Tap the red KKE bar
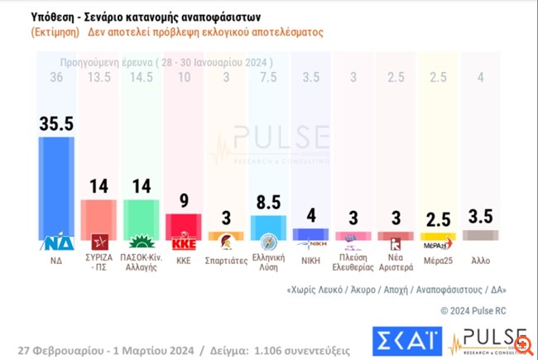click(x=185, y=226)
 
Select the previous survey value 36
click(x=56, y=78)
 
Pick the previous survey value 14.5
click(x=142, y=78)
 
